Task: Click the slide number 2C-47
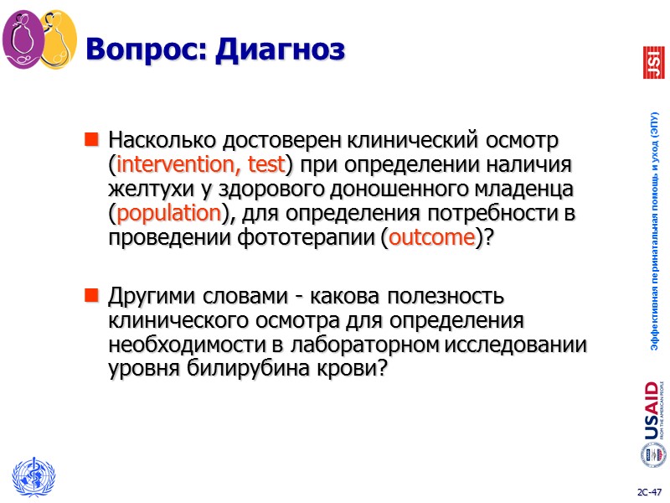point(648,490)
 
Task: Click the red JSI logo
point(652,62)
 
